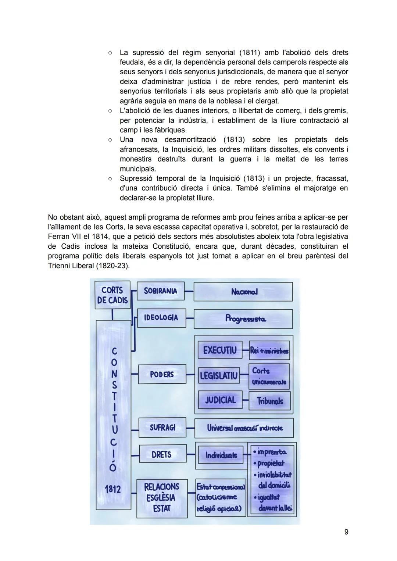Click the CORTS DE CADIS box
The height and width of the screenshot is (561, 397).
pyautogui.click(x=112, y=295)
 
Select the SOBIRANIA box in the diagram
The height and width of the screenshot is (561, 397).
pyautogui.click(x=160, y=291)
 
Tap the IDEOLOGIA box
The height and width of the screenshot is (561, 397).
pyautogui.click(x=161, y=317)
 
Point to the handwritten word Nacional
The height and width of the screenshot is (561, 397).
pyautogui.click(x=244, y=292)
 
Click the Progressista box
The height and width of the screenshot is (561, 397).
pyautogui.click(x=243, y=319)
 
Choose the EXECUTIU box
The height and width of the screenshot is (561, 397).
pyautogui.click(x=220, y=350)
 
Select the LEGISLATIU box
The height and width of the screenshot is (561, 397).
pyautogui.click(x=219, y=376)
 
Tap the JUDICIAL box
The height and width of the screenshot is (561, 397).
pyautogui.click(x=220, y=400)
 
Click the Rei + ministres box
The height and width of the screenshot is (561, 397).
pyautogui.click(x=269, y=351)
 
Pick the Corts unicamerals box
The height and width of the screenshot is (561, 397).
pyautogui.click(x=269, y=376)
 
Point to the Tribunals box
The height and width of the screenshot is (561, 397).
pyautogui.click(x=269, y=401)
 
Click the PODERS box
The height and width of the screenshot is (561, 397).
pyautogui.click(x=162, y=374)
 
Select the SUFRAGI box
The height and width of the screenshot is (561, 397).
pyautogui.click(x=162, y=427)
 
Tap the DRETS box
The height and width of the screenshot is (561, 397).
pyautogui.click(x=162, y=454)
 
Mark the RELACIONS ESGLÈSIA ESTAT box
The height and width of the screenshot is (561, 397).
pyautogui.click(x=162, y=498)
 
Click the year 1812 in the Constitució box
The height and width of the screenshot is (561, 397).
pyautogui.click(x=113, y=489)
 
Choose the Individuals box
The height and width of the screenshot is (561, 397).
pyautogui.click(x=221, y=455)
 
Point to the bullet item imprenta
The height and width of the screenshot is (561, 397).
pyautogui.click(x=272, y=452)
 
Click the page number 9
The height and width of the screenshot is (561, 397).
pyautogui.click(x=346, y=532)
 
